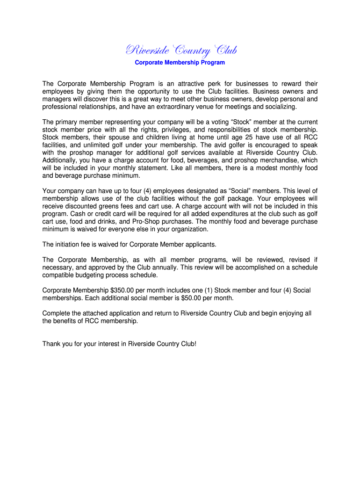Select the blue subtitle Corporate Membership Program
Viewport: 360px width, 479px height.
180,62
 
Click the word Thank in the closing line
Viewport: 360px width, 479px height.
52,344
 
